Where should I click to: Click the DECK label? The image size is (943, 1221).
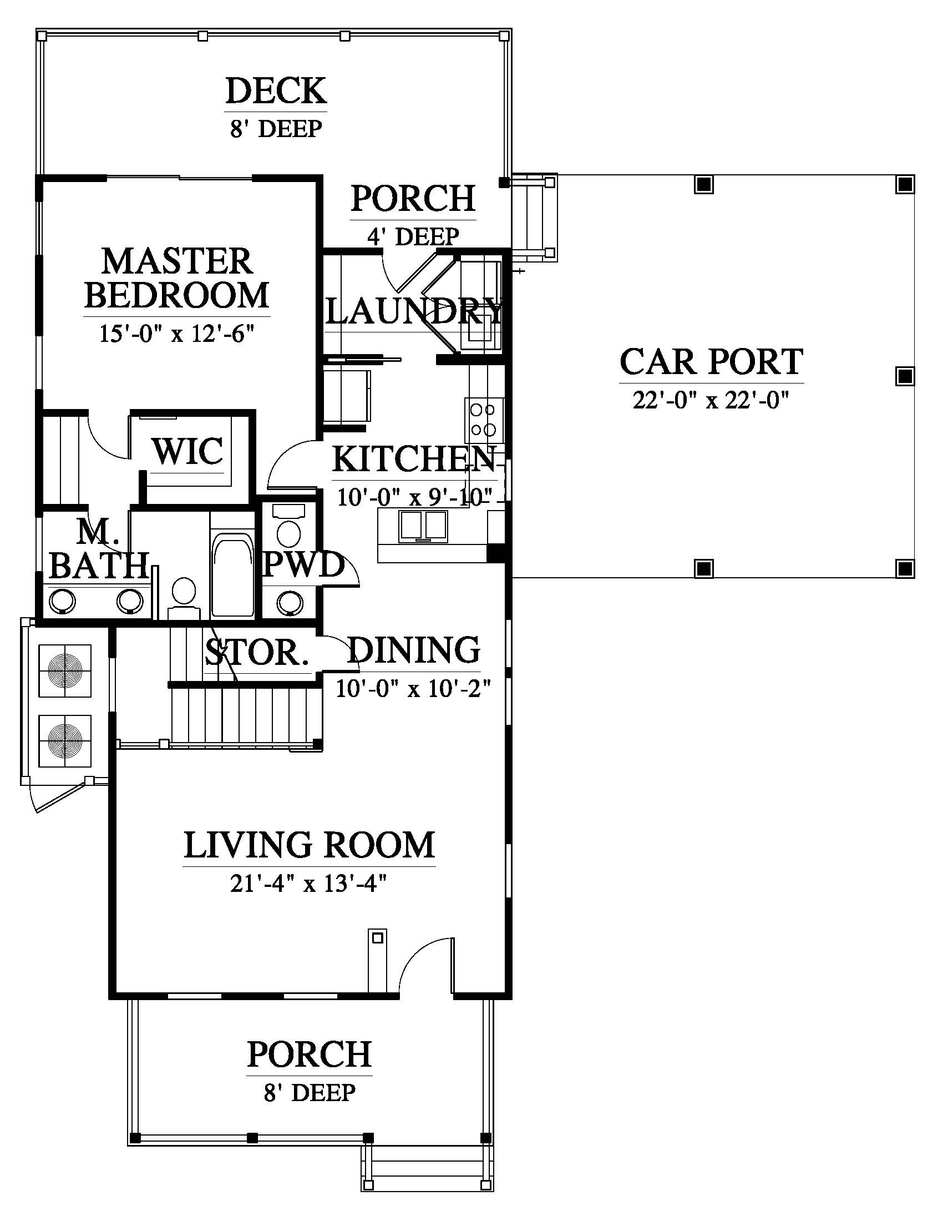(276, 92)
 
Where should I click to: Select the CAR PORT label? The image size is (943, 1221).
(711, 362)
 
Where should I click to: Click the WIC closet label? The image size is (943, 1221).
(188, 451)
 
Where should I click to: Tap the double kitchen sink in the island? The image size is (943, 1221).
(423, 526)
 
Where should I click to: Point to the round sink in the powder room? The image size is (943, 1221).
(291, 603)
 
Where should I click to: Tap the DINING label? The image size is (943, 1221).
(414, 650)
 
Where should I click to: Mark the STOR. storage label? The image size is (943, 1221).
(256, 653)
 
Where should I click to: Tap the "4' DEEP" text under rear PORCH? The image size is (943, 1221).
(413, 236)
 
